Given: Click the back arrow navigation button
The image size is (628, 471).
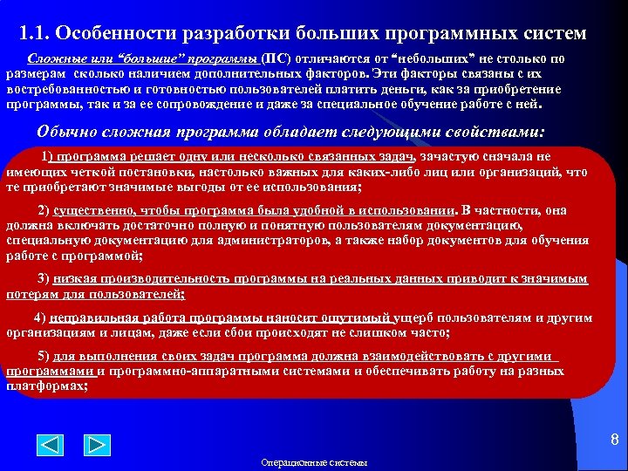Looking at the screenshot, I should [52, 445].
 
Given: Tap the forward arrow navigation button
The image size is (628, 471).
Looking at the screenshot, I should [98, 445].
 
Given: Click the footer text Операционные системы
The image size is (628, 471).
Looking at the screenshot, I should [313, 462].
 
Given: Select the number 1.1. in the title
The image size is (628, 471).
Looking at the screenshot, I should [38, 34].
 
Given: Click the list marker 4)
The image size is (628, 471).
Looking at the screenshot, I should [39, 317].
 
